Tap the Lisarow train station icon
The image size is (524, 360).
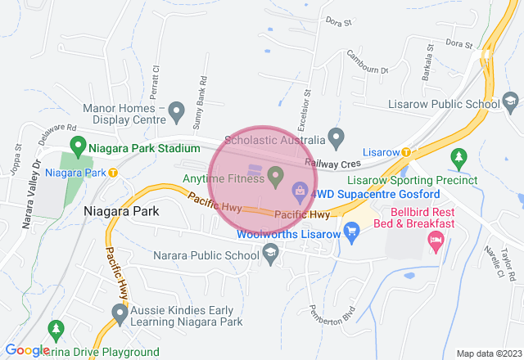(x=406, y=153)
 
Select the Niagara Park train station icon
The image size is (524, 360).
(x=113, y=173)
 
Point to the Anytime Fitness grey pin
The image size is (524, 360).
(x=275, y=174)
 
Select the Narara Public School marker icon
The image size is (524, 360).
(x=270, y=255)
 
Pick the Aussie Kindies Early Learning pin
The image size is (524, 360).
(x=120, y=312)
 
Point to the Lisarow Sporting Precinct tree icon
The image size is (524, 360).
(x=458, y=156)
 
